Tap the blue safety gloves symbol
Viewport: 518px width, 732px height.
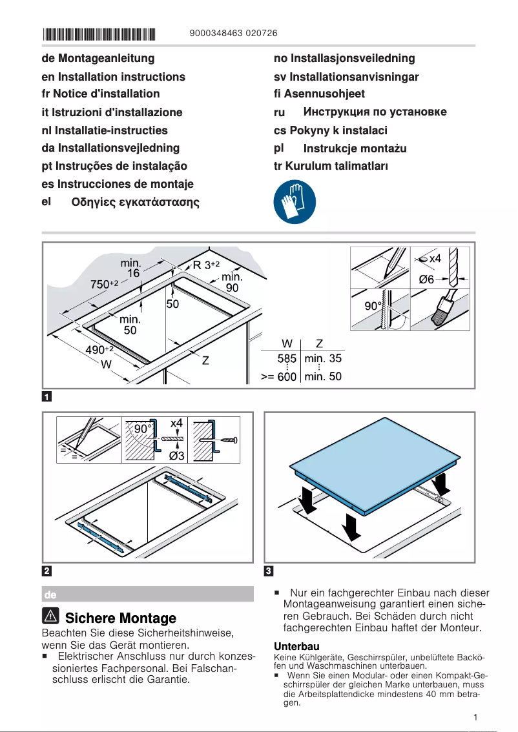[x=295, y=201]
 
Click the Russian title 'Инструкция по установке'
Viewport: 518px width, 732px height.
[x=375, y=112]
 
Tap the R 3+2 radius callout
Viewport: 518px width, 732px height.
[x=207, y=265]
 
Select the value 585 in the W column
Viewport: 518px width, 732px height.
[x=287, y=358]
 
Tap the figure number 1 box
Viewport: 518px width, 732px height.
[x=47, y=396]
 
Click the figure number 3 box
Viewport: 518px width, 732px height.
[x=270, y=571]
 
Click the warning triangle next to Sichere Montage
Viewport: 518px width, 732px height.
[x=52, y=617]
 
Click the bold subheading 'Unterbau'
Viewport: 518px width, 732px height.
[x=297, y=646]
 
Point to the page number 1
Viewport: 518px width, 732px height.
[x=475, y=717]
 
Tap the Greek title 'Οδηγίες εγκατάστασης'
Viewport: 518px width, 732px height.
[x=135, y=203]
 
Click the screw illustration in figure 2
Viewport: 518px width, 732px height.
[x=223, y=441]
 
